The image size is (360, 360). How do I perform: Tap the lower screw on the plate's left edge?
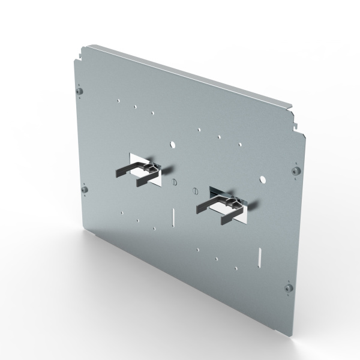point(86,191)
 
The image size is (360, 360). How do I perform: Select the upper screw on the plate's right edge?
point(295,171)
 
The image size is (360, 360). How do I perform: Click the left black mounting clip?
point(140,173)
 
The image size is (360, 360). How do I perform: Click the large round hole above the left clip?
point(173,145)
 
